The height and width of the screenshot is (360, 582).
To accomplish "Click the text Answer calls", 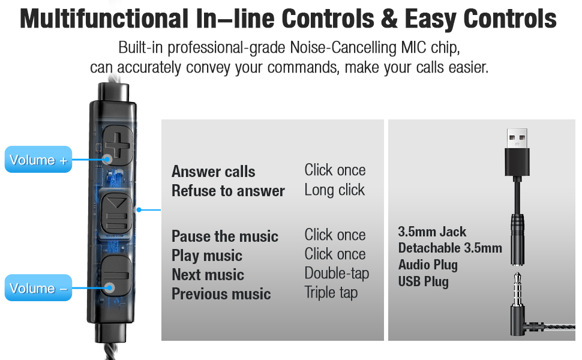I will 213,172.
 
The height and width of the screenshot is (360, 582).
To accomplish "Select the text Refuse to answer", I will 228,191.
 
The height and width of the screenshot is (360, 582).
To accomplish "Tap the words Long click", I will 334,190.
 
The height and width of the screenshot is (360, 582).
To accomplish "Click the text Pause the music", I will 225,236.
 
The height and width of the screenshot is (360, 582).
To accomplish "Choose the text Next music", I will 208,275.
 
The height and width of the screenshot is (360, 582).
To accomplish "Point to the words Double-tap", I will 336,274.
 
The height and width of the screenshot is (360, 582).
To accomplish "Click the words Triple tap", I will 331,293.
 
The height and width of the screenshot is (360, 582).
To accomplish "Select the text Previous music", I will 221,294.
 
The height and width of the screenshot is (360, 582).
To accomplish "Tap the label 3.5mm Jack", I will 432,232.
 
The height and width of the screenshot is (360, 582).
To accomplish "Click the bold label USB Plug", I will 423,281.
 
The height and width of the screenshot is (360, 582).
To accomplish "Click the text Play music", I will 206,256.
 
